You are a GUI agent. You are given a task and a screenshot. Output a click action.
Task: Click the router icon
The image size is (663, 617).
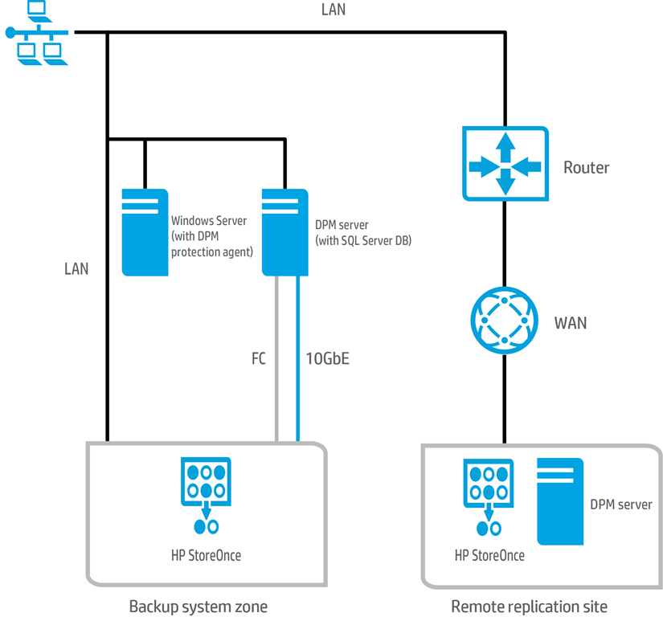[x=505, y=164]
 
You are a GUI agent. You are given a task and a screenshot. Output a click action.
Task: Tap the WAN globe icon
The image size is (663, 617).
[x=504, y=321]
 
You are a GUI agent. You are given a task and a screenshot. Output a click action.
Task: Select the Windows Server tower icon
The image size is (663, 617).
[x=145, y=232]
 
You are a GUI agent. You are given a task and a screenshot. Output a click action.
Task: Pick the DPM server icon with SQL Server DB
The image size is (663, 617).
[x=285, y=232]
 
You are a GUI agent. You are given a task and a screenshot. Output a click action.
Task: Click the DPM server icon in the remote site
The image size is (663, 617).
[x=560, y=501]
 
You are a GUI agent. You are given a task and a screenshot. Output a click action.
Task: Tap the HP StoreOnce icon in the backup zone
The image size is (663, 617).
[x=207, y=495]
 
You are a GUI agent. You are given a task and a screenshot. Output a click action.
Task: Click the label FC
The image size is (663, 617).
[x=258, y=359]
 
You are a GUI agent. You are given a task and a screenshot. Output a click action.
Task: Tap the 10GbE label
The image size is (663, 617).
[x=327, y=359]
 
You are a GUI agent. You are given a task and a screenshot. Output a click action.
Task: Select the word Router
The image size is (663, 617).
[x=586, y=168]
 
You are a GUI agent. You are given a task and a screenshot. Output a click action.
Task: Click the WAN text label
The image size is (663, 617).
[x=571, y=323]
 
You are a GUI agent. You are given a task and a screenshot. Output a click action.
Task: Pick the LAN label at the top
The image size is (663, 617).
[x=333, y=10]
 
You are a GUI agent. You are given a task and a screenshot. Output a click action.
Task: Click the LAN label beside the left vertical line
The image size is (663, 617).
[x=76, y=269]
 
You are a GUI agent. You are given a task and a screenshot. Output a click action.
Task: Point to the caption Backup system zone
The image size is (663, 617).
[x=198, y=606]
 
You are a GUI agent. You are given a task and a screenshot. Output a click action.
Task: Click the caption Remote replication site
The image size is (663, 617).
[x=529, y=606]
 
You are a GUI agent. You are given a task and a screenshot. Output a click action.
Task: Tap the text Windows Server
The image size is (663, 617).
[x=209, y=221]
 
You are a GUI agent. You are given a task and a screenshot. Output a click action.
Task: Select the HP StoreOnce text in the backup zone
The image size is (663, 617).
[x=206, y=555]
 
